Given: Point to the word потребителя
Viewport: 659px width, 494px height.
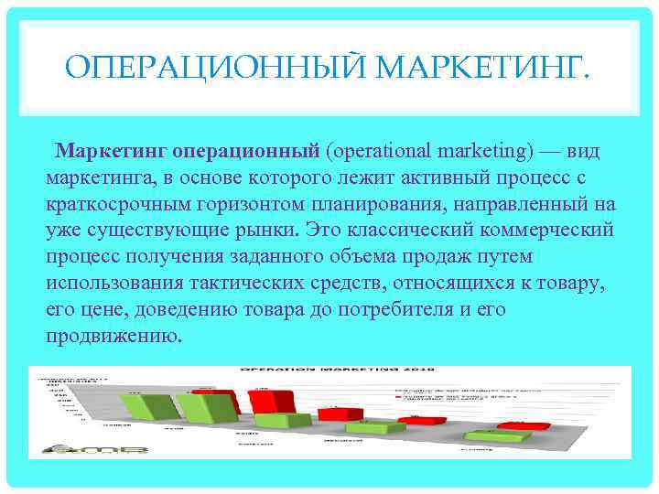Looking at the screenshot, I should tap(397, 308).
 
